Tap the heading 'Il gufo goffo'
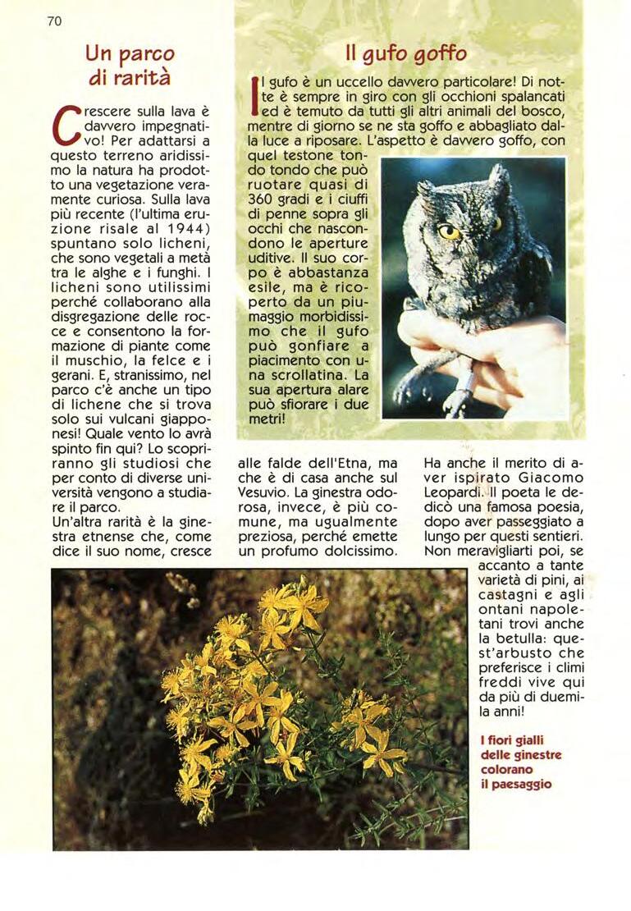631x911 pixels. pos(407,55)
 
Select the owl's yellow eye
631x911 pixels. pos(449,231)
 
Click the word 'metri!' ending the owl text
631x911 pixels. pos(266,419)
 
